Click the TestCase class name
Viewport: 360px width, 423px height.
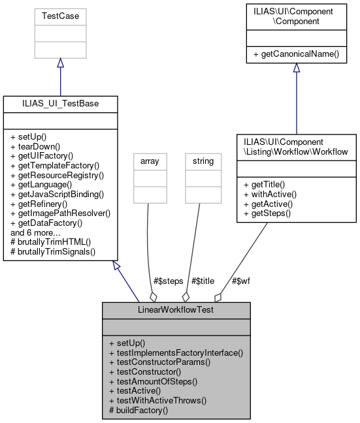click(x=60, y=15)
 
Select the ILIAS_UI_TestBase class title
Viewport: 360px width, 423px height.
click(x=60, y=103)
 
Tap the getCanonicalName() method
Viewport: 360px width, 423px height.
click(x=296, y=54)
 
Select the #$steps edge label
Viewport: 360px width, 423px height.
click(x=169, y=281)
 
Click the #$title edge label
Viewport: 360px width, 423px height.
click(x=203, y=281)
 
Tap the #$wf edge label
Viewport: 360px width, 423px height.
click(x=240, y=281)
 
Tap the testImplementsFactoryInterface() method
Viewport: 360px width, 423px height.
click(x=176, y=352)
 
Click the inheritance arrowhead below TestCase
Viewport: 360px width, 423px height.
click(x=60, y=63)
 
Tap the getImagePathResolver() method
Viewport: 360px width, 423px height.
click(x=60, y=213)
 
